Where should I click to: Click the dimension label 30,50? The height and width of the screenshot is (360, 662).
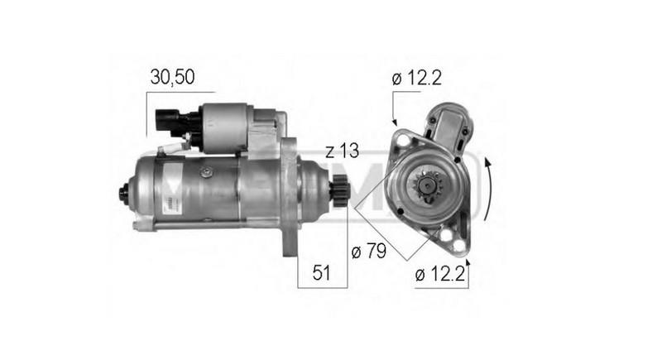tap(173, 77)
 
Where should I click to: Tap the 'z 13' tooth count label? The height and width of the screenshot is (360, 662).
tap(341, 151)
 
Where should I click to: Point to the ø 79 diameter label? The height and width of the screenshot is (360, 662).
tap(370, 250)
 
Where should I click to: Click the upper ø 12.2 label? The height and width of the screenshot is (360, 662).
tap(417, 78)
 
